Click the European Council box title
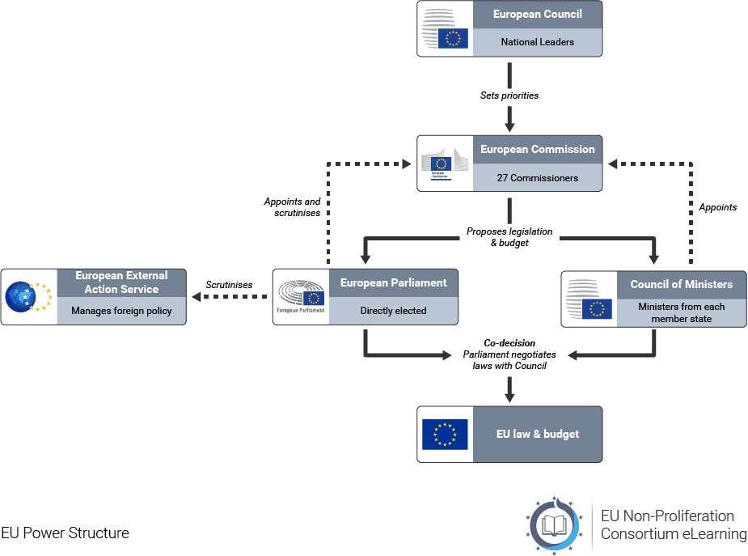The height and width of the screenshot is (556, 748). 537,15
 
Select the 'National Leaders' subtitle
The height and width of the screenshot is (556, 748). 537,42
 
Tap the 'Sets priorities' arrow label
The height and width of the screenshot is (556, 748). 509,95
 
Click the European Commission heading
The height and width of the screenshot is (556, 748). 537,150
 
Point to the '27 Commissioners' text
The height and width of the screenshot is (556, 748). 537,178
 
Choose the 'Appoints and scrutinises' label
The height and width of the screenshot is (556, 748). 292,207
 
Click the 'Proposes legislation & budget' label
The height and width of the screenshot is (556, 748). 509,237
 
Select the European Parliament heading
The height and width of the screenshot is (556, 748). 393,283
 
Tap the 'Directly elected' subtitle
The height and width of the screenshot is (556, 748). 393,311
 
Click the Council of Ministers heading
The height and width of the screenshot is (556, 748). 681,284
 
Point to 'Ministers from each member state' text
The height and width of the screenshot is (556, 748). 681,312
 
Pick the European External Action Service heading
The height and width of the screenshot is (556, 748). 121,282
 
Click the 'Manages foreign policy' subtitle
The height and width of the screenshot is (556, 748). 121,311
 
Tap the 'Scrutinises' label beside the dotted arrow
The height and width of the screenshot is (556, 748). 229,285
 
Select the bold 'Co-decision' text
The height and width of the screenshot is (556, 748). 509,343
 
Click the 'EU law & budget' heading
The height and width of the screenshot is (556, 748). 537,435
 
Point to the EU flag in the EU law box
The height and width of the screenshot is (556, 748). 445,435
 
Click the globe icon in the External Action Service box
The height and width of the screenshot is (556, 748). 22,297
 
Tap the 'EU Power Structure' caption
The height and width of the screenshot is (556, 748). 66,533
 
